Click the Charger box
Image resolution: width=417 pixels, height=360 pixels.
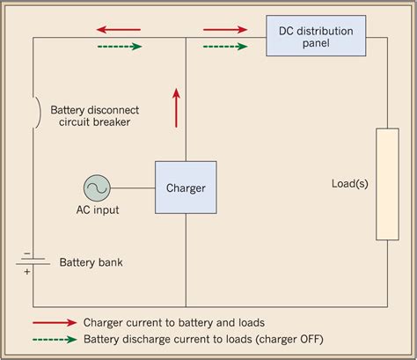[x=186, y=187]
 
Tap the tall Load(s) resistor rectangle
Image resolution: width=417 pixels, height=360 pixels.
[x=387, y=184]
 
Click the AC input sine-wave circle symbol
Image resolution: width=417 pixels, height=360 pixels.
[x=97, y=187]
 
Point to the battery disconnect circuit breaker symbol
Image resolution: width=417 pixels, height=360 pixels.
[x=36, y=112]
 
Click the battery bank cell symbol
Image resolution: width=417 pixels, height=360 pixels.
[x=33, y=260]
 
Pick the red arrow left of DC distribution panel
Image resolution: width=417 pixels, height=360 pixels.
[x=226, y=30]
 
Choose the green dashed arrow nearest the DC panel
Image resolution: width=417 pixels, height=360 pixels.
[x=226, y=46]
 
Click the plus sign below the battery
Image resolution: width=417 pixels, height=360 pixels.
[x=26, y=271]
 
